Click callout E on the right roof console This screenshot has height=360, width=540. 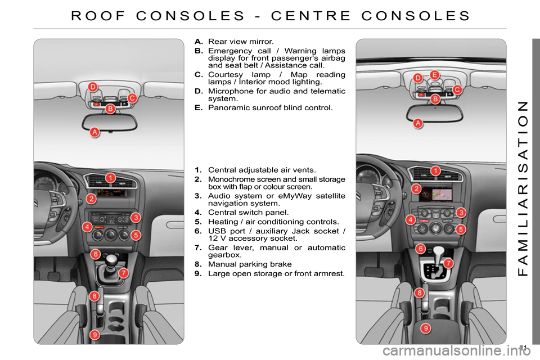tap(434, 74)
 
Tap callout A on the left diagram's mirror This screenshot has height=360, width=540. tap(95, 132)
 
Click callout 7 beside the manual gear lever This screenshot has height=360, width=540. tap(123, 273)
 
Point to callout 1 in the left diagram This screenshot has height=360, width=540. tap(111, 178)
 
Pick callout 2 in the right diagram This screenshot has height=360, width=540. tap(416, 188)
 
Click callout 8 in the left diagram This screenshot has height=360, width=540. tap(94, 296)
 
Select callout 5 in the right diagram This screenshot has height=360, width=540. tap(460, 229)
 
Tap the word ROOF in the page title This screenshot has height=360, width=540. tap(100, 15)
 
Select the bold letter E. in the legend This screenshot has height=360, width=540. tap(199, 107)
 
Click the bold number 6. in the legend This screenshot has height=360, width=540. tap(199, 231)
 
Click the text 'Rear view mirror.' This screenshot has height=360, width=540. tap(241, 42)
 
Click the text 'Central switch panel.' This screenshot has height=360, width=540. tap(249, 213)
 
